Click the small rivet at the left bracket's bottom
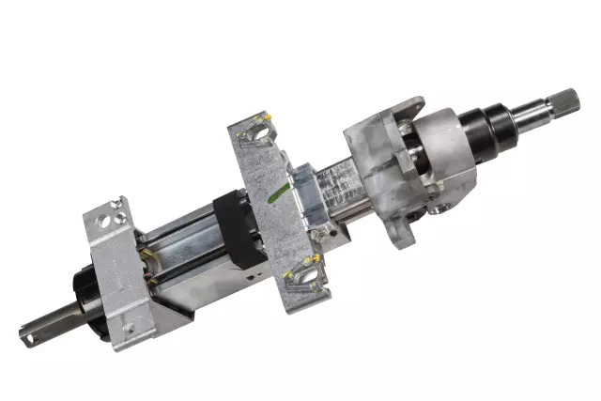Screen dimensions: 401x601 pos(129,328)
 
